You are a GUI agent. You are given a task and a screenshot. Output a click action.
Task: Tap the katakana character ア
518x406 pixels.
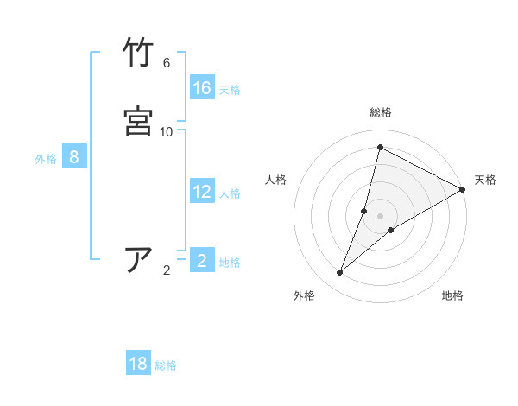click(139, 259)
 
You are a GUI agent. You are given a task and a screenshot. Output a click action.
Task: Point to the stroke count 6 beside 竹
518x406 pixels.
click(167, 63)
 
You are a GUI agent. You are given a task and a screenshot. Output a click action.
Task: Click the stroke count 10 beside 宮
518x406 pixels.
click(167, 131)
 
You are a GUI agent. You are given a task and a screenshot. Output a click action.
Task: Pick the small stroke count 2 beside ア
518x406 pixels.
click(167, 270)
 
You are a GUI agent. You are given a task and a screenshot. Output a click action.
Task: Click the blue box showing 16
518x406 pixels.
click(202, 88)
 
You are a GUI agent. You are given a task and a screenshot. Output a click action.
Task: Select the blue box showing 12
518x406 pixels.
click(202, 192)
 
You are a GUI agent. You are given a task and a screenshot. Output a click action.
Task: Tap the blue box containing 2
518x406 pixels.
click(202, 261)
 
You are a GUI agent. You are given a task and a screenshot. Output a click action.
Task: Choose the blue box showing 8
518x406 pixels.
click(74, 157)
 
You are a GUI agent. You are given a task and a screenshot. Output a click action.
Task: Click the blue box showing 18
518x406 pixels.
click(138, 364)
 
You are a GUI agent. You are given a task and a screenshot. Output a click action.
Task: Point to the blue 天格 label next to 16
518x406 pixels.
click(230, 90)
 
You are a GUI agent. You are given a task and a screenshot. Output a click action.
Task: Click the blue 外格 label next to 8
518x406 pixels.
click(46, 159)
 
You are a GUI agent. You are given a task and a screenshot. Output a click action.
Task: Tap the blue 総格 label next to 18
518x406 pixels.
click(166, 365)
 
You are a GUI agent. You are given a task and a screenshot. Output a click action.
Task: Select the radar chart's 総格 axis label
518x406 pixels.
click(381, 112)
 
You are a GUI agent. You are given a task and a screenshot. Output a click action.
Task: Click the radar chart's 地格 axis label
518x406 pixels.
click(452, 296)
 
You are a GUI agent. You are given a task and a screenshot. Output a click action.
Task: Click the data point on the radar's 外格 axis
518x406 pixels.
click(340, 273)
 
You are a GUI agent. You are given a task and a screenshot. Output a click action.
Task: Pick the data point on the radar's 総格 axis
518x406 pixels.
click(380, 147)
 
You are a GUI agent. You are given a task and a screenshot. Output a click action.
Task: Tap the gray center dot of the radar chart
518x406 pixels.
click(381, 216)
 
